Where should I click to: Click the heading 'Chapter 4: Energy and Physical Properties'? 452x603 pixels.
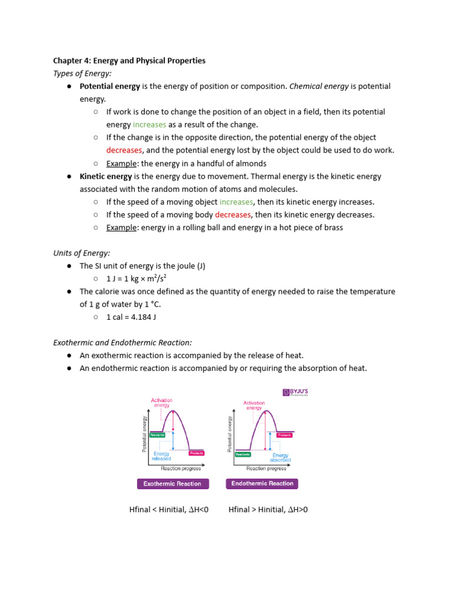tap(129, 61)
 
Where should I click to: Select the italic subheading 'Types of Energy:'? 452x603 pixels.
tap(82, 73)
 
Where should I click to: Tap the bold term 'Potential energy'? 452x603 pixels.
tap(110, 86)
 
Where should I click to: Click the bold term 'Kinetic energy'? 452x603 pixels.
tap(106, 176)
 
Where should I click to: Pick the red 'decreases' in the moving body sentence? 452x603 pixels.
tap(233, 215)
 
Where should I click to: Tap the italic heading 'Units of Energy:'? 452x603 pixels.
tap(82, 253)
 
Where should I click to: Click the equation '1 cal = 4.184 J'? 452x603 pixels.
tap(131, 317)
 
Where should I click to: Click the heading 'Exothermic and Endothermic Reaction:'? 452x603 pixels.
tap(122, 342)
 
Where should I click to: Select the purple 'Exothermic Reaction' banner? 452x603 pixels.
tap(172, 483)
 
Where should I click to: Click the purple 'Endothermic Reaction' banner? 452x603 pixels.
tap(262, 483)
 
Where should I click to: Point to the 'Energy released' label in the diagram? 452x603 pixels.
tap(161, 456)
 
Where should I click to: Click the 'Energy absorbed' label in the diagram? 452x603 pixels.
tap(280, 458)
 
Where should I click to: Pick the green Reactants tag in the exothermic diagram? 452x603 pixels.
tap(157, 435)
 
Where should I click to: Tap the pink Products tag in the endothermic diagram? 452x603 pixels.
tap(284, 435)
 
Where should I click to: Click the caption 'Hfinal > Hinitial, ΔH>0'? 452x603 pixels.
tap(268, 509)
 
